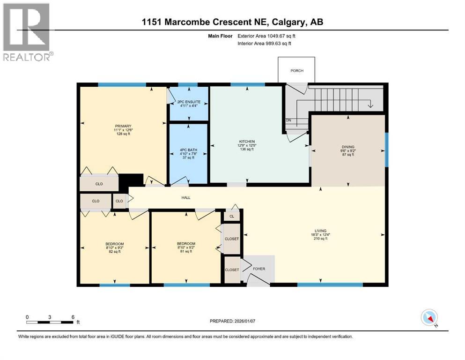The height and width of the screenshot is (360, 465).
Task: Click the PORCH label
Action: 296,71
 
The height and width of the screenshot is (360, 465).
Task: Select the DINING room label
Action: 348,146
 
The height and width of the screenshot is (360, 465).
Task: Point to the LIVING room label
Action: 320,231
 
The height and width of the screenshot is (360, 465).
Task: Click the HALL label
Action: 186,198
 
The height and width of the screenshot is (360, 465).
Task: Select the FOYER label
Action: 259,270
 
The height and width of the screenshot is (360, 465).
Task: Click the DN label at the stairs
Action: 289,120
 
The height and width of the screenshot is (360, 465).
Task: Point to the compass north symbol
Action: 429,318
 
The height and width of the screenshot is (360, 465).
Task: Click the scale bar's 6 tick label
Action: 73,317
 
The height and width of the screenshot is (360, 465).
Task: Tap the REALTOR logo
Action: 27,32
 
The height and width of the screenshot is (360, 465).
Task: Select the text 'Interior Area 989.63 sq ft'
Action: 265,44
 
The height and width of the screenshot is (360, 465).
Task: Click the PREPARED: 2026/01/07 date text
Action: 233,321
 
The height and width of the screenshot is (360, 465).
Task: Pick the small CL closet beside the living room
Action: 232,216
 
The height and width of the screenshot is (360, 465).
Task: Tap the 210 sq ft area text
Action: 320,239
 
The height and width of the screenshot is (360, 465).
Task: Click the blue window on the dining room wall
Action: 386,150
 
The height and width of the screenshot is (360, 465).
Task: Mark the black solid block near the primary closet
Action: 131,180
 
